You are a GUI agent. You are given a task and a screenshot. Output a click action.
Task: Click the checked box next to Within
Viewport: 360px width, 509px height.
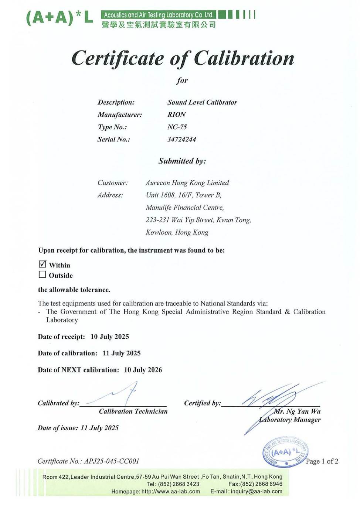[43, 264]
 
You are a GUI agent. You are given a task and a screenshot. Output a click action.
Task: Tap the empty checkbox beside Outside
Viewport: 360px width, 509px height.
[43, 274]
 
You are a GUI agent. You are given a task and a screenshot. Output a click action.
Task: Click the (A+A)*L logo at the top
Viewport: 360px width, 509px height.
[59, 18]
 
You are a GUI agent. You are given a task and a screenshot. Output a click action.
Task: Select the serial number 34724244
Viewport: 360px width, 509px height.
[181, 139]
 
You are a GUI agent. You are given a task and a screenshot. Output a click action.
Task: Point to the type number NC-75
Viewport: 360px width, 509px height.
[177, 127]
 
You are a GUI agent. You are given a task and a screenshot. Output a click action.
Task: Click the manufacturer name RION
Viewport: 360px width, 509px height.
[176, 115]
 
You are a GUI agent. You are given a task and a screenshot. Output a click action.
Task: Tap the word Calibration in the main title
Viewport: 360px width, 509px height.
[244, 58]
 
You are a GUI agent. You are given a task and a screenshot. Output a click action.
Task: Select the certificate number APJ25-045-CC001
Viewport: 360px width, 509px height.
[112, 461]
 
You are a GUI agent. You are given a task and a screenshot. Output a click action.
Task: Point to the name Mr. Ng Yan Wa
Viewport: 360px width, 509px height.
[298, 411]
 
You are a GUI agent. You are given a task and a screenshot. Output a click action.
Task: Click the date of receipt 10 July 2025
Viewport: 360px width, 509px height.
[110, 337]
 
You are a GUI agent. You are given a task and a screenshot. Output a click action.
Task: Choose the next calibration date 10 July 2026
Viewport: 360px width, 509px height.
[143, 370]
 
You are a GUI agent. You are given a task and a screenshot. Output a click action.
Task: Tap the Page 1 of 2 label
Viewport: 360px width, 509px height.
[322, 461]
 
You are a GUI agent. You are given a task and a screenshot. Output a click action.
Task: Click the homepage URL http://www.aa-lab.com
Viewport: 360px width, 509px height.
[171, 491]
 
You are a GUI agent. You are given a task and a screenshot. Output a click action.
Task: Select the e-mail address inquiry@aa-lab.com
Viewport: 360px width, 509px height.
[257, 491]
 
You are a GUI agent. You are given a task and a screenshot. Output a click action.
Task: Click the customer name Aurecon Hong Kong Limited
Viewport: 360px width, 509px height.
[187, 183]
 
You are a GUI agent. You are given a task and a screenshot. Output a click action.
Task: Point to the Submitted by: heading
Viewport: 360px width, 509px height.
[182, 161]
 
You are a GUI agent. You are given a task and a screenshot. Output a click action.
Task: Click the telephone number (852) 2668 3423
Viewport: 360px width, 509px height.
[179, 484]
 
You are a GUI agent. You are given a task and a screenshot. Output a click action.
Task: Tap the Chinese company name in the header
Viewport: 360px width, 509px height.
[159, 25]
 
